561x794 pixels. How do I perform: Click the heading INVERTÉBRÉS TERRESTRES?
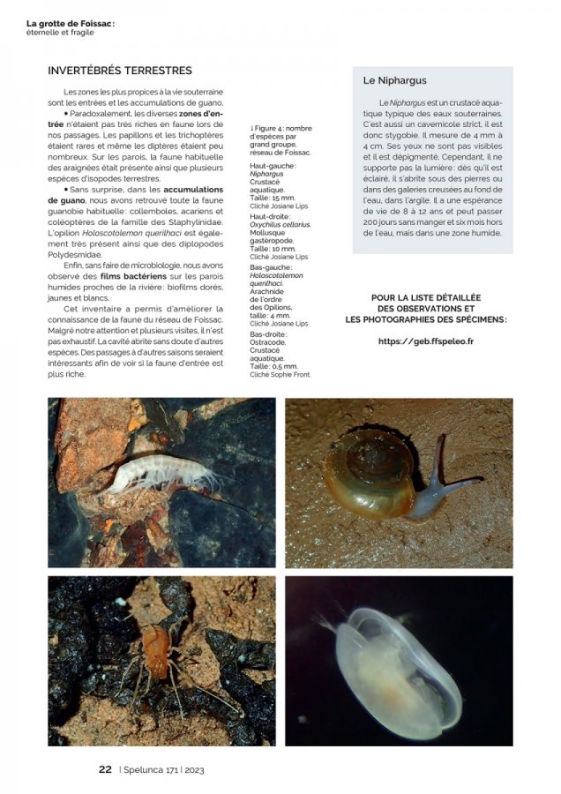[x=119, y=71]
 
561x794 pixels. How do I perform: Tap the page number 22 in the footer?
[x=105, y=769]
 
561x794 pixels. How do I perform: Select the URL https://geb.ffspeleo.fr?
[x=425, y=341]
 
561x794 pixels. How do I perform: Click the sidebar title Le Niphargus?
[x=394, y=80]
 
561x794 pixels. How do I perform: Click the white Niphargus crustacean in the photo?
[x=159, y=474]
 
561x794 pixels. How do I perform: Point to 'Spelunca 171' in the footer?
[x=152, y=769]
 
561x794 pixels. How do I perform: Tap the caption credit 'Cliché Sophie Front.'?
[x=280, y=374]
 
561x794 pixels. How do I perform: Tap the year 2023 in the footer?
[x=195, y=769]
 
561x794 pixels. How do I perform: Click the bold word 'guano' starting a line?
[x=66, y=200]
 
